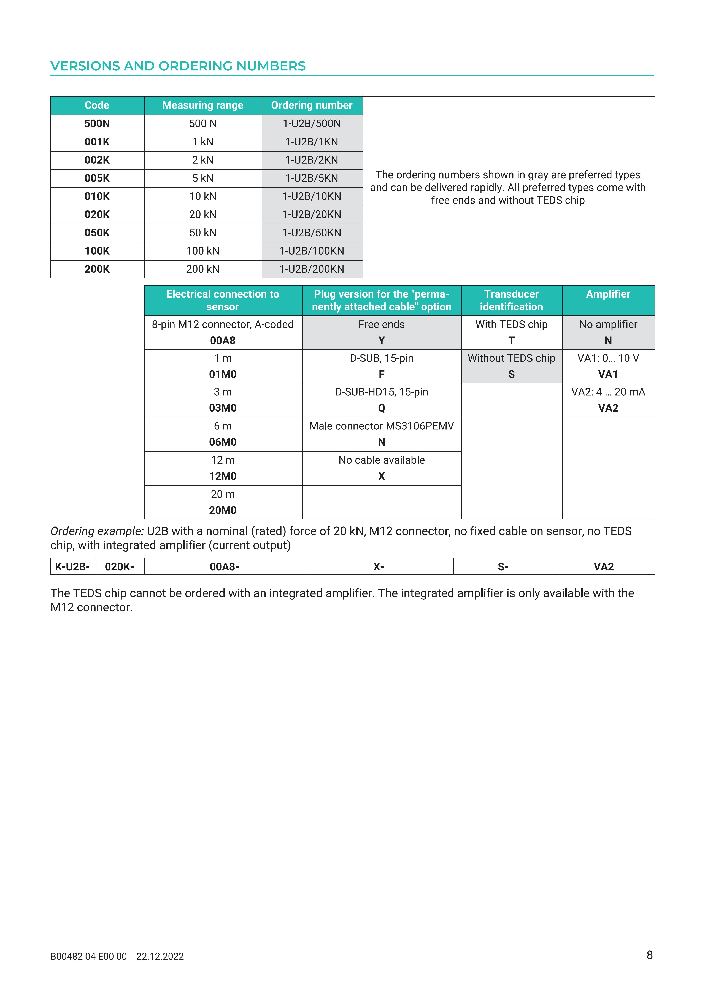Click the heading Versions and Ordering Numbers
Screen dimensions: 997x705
[178, 66]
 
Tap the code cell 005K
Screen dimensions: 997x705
[97, 178]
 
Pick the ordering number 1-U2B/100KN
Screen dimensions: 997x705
[312, 251]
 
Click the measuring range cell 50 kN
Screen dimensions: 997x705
[203, 233]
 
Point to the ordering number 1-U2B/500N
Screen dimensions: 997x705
[312, 124]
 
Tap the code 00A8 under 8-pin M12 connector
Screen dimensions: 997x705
[223, 341]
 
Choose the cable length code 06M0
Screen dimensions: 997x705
[223, 442]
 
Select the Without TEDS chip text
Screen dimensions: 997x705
[511, 358]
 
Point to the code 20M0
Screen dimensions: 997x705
[223, 510]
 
